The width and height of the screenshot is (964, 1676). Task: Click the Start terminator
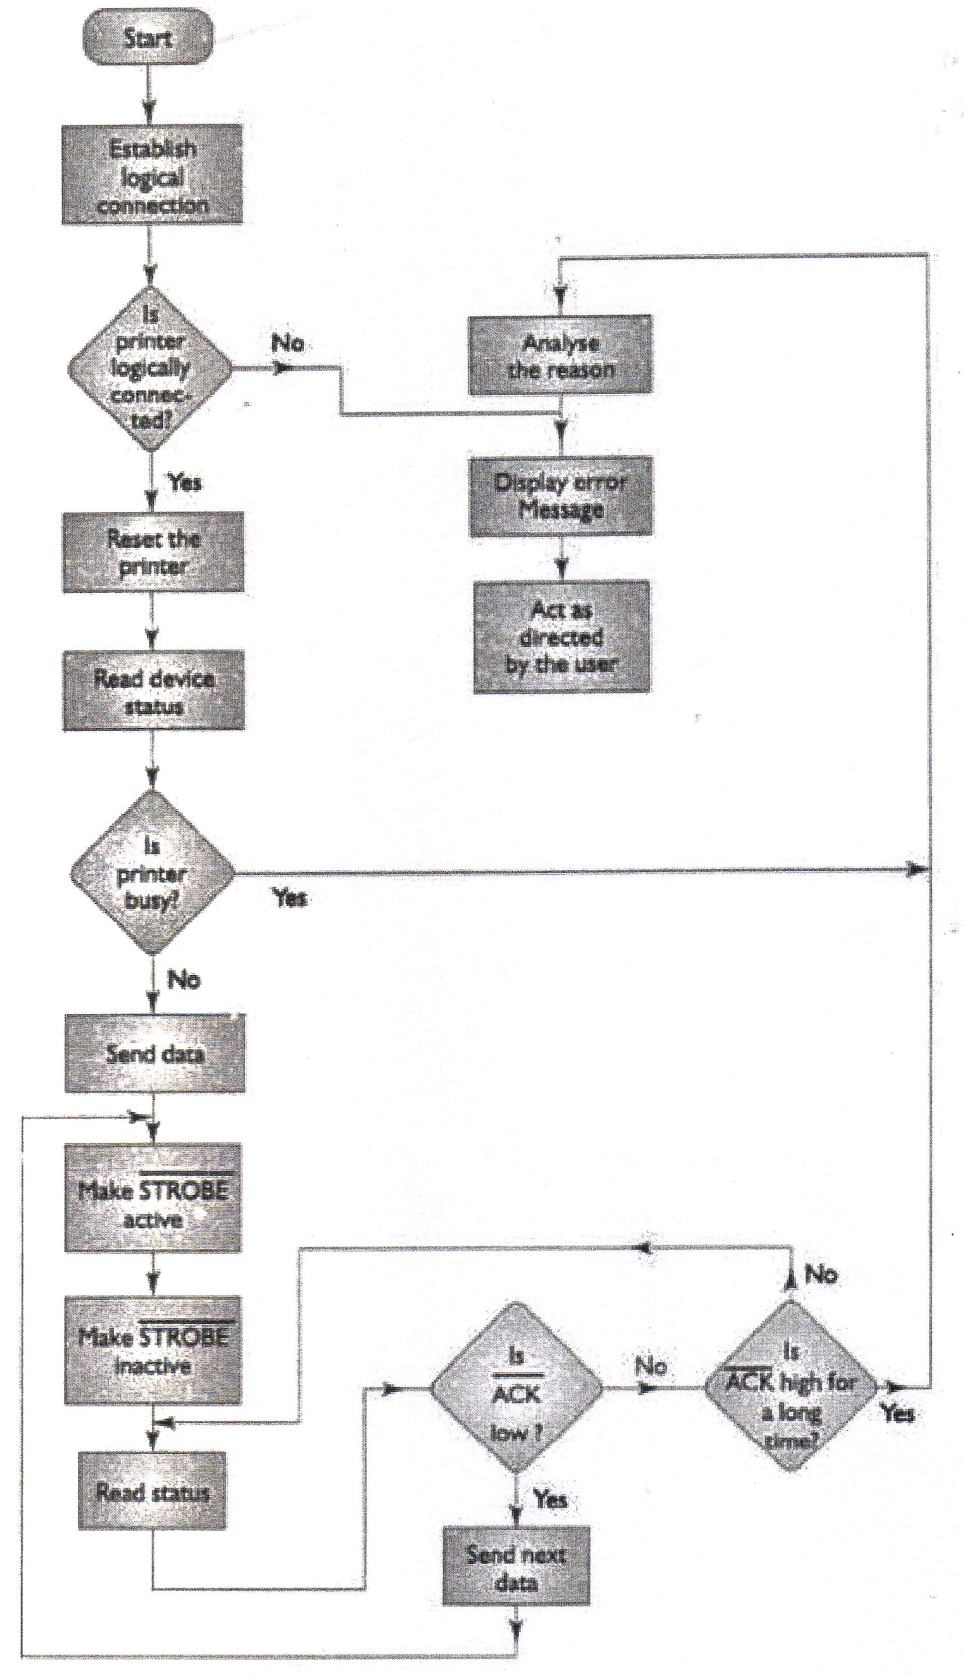point(148,37)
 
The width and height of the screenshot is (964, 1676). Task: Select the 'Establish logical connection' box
point(152,175)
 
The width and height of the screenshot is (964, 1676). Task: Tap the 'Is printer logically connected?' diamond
point(151,368)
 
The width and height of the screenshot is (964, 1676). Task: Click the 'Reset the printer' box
point(153,551)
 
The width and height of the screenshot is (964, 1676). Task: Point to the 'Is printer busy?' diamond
point(152,872)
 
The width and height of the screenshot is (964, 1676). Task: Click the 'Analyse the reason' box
point(560,356)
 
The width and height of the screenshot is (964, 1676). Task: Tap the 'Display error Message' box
point(561,496)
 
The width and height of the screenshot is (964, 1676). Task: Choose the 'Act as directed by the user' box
point(562,636)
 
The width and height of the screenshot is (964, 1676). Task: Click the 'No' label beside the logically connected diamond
point(288,343)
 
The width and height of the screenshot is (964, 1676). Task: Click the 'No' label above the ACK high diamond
point(821,1274)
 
